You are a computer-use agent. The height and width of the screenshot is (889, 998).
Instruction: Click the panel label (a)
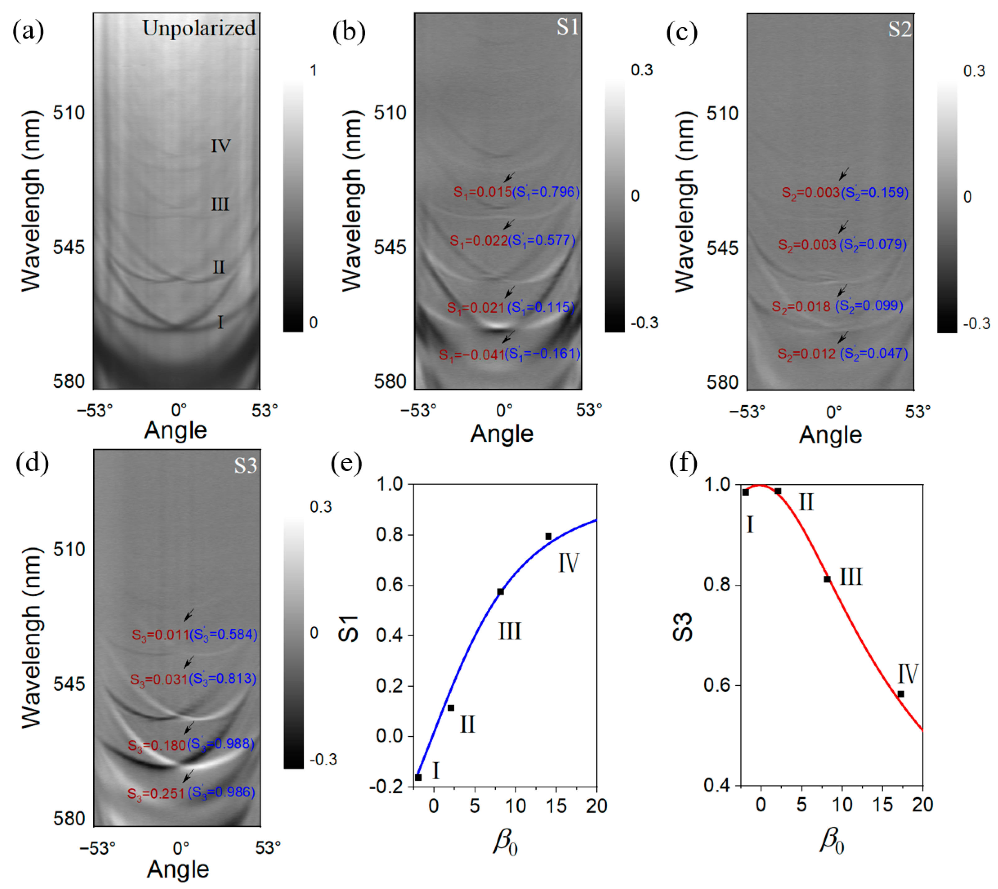pyautogui.click(x=28, y=31)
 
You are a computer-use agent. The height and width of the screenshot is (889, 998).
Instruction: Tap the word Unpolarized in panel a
pyautogui.click(x=199, y=28)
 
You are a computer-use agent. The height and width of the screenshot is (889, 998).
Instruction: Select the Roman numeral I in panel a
pyautogui.click(x=220, y=322)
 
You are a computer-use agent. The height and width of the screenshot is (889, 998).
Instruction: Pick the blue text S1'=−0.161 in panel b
pyautogui.click(x=543, y=354)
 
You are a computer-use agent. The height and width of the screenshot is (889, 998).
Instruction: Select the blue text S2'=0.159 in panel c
pyautogui.click(x=874, y=192)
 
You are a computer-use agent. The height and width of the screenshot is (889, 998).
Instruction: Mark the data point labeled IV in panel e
pyautogui.click(x=549, y=536)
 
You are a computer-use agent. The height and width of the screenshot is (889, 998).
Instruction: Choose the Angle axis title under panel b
pyautogui.click(x=502, y=434)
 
